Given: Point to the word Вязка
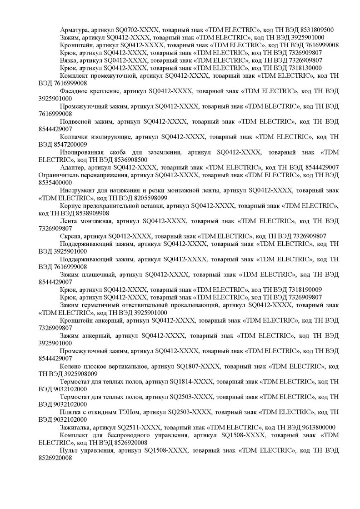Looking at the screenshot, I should pos(68,60).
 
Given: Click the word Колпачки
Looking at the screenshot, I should pos(75,137).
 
